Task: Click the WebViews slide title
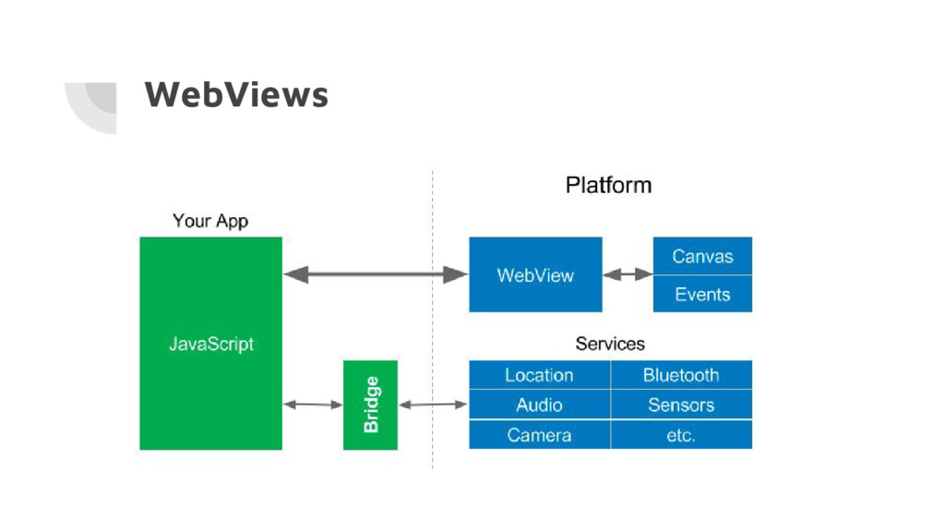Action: click(236, 95)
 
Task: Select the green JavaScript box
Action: click(211, 344)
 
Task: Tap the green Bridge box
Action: click(370, 405)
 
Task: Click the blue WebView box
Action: click(535, 274)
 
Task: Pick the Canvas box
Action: click(702, 256)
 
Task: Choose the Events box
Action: click(702, 294)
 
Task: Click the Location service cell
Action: click(539, 375)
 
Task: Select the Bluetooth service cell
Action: click(682, 375)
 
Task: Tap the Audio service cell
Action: click(539, 405)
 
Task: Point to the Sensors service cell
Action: click(682, 405)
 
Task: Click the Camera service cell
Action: click(539, 434)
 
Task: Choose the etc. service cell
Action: click(682, 434)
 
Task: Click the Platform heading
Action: click(609, 185)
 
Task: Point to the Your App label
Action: click(210, 221)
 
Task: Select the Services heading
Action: click(610, 344)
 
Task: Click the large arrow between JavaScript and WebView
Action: click(376, 274)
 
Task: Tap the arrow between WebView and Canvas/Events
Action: click(628, 274)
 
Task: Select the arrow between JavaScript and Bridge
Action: click(313, 405)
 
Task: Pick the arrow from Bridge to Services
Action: click(434, 405)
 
